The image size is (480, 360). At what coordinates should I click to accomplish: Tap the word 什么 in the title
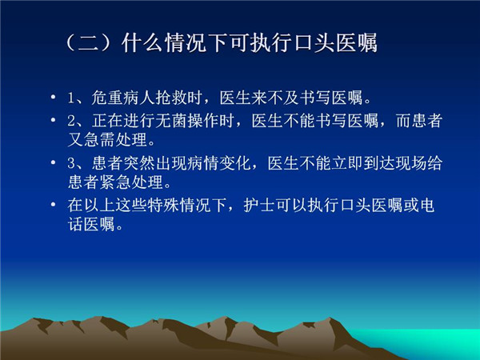coord(142,42)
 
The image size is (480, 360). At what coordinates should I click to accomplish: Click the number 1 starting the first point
coord(71,98)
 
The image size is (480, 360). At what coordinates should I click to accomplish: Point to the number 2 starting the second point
coord(71,121)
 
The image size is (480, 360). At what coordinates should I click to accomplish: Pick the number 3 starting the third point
coord(71,163)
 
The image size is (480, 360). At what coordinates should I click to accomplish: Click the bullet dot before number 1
coord(54,98)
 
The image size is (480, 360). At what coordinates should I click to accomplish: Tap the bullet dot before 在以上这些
coord(54,204)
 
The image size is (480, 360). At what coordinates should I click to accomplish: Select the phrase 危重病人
coord(123,98)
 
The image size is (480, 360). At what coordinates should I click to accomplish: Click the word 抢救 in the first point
coord(171,98)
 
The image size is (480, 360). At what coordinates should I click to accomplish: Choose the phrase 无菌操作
coord(187,121)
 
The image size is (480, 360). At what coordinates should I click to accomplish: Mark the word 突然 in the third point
coord(139,163)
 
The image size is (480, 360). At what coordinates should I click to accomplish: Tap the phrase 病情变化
coord(203,163)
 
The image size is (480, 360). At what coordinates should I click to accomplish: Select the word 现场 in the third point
coord(411,163)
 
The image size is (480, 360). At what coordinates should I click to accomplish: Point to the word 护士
coord(259,205)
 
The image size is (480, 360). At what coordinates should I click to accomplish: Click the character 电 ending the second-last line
coord(426,205)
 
